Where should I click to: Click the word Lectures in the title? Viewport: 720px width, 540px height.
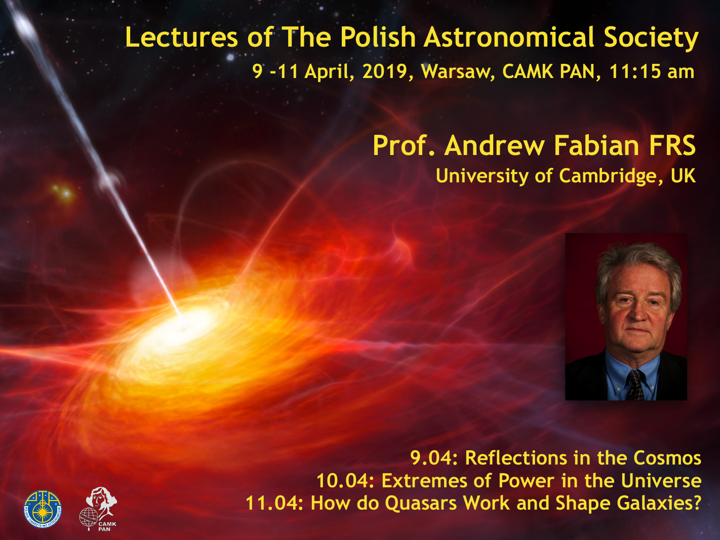tap(181, 37)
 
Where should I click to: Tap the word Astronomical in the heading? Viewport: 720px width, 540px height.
tap(509, 37)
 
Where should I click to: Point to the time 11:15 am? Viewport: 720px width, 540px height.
tap(652, 71)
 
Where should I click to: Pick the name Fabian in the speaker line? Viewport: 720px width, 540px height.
tap(596, 145)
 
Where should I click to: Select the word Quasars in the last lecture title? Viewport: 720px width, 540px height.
tap(421, 503)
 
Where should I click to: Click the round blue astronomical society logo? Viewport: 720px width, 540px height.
tap(43, 509)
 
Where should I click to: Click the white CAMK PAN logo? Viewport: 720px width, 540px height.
tap(99, 509)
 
